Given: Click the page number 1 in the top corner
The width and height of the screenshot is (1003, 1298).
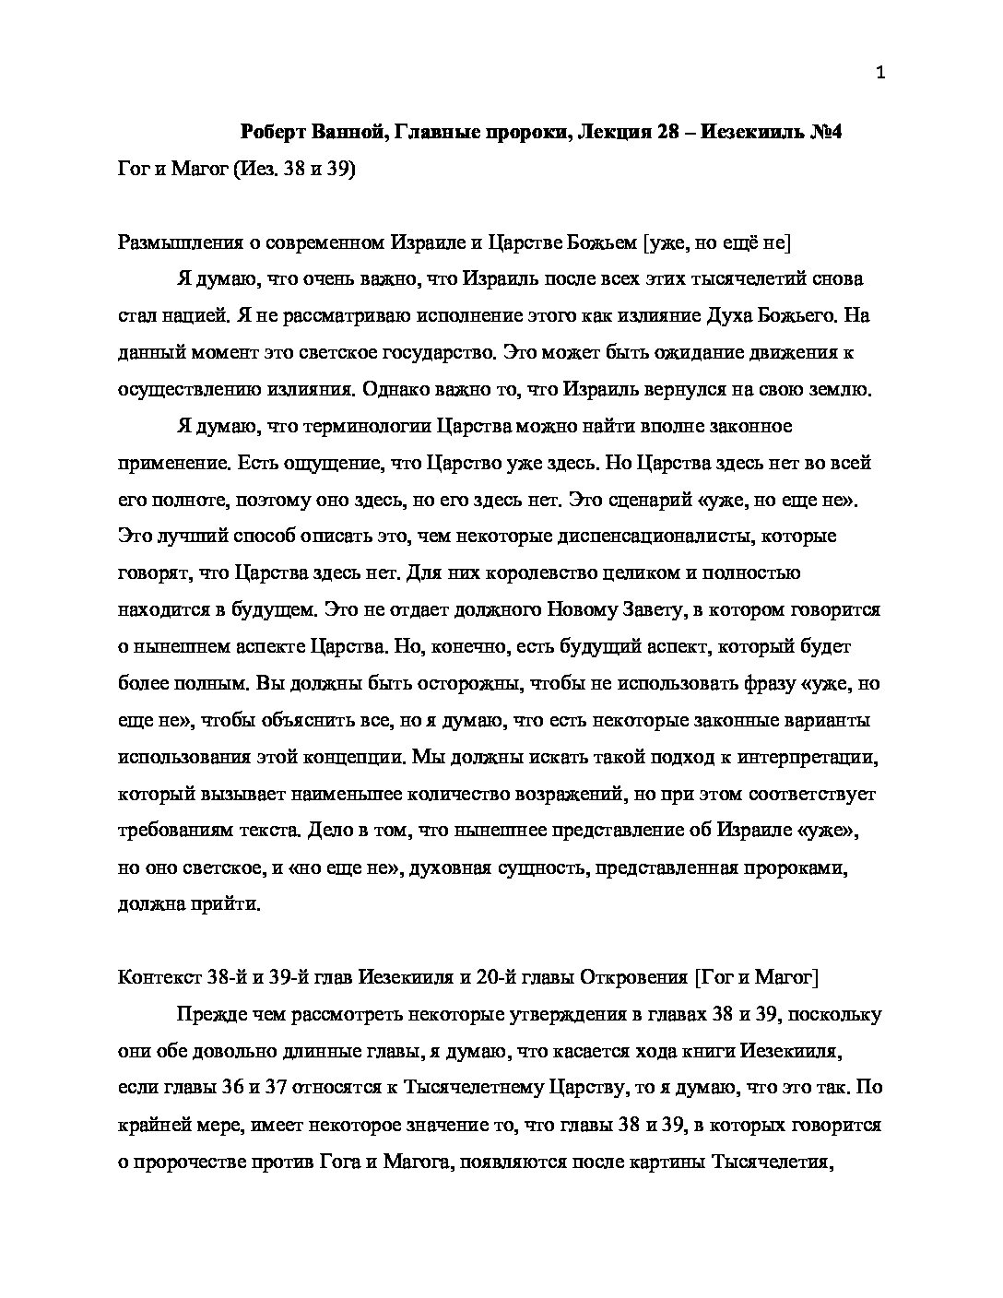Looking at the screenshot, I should point(879,75).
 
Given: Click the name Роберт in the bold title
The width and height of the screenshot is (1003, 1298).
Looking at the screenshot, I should point(275,132).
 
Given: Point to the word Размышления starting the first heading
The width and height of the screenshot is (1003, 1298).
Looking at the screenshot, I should point(176,242).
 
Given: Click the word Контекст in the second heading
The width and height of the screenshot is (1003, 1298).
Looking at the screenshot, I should point(156,977).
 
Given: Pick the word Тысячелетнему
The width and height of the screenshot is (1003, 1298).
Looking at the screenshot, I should point(473,1088).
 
